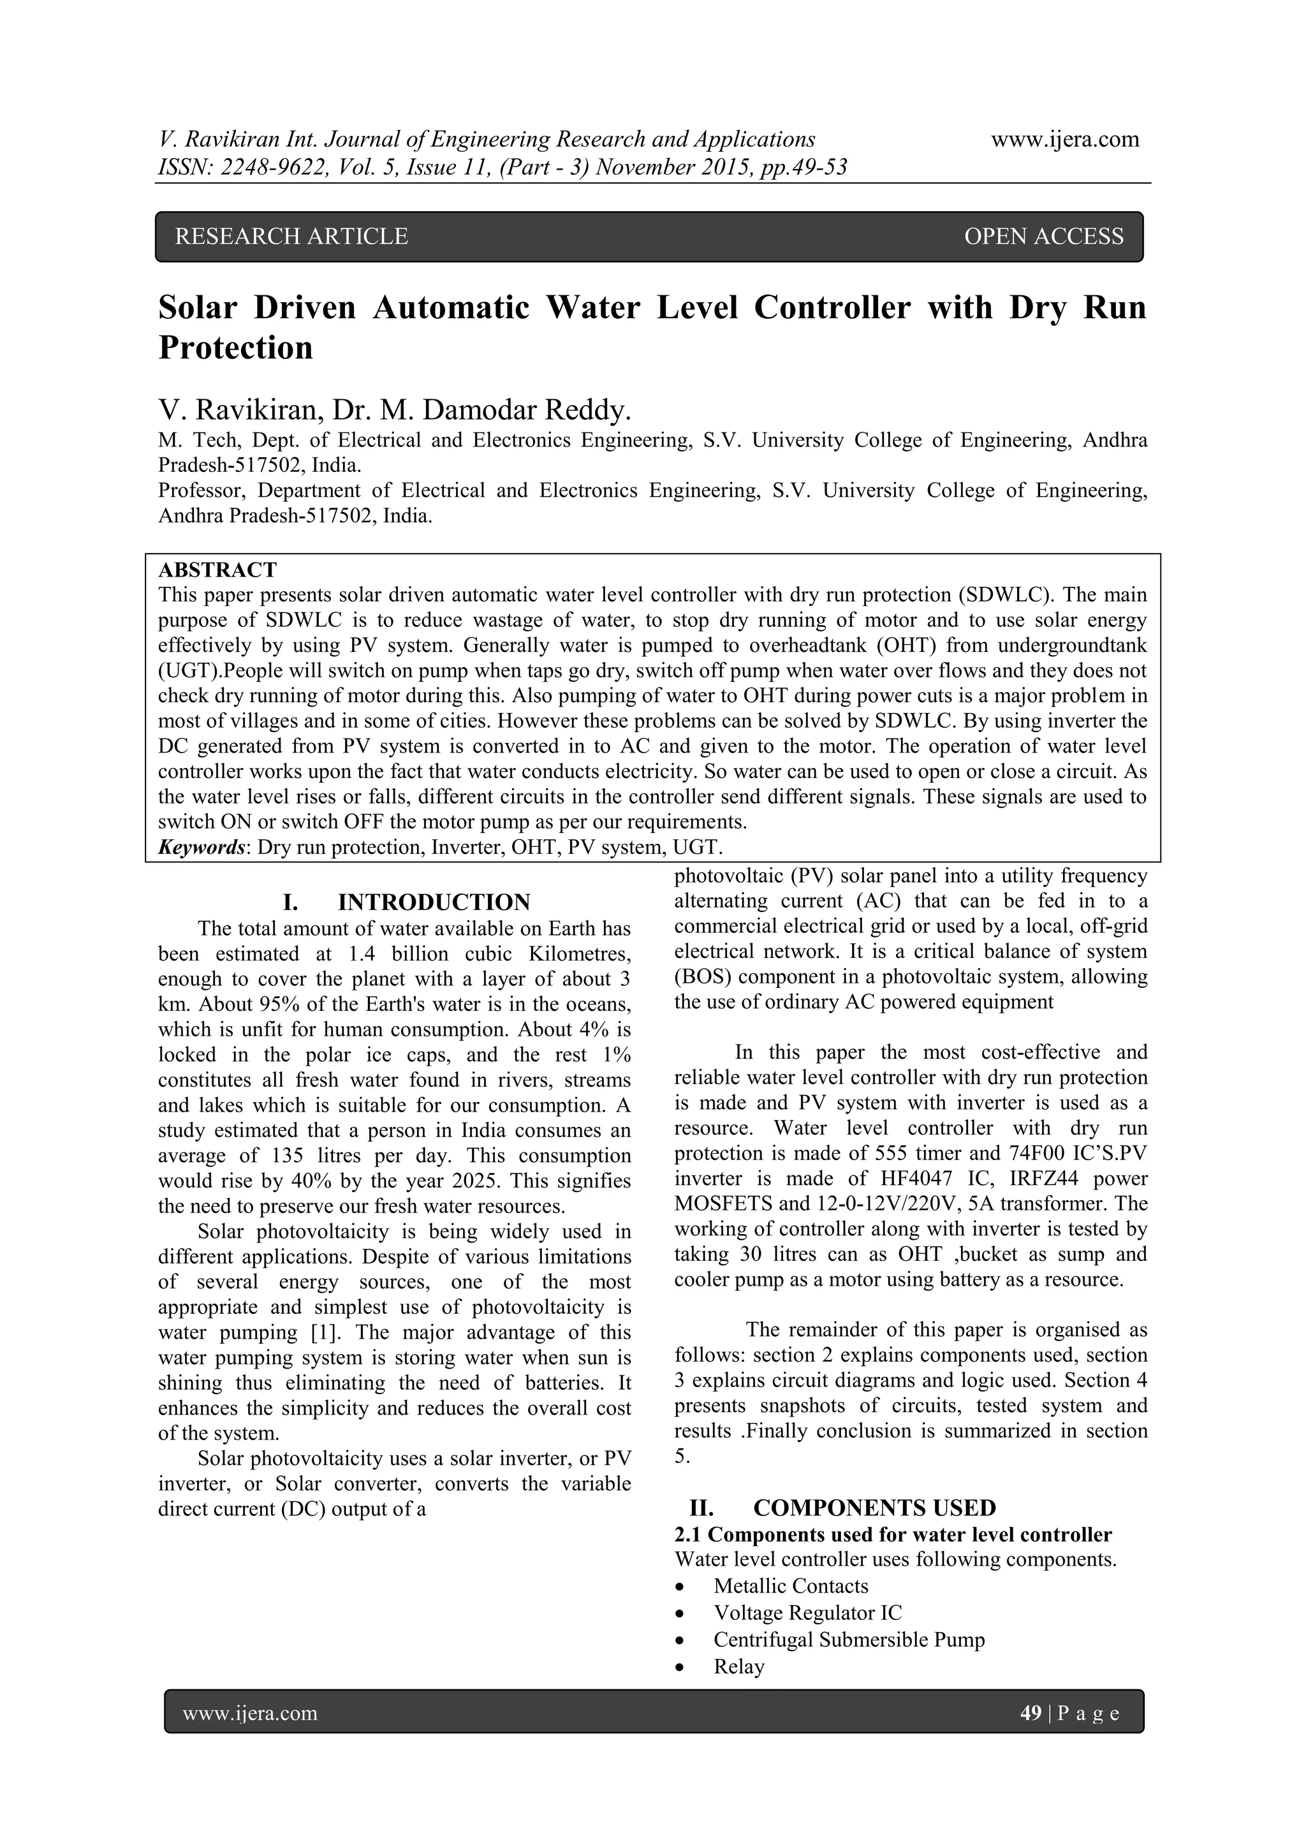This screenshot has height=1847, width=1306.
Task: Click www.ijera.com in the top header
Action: [1065, 140]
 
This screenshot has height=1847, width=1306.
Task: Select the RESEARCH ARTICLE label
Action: [291, 237]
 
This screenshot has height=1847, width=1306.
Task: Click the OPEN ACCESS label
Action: [1043, 237]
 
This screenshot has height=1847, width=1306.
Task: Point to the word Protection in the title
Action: [235, 348]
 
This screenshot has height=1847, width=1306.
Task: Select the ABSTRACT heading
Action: [217, 570]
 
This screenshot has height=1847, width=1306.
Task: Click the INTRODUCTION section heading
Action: [434, 902]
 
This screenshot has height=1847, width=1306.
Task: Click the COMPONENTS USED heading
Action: [874, 1508]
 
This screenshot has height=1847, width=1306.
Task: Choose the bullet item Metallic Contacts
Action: [791, 1586]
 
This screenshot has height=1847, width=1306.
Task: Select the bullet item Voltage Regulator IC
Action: [807, 1613]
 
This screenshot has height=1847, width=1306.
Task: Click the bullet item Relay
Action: [739, 1666]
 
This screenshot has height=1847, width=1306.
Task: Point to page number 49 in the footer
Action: [1030, 1712]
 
